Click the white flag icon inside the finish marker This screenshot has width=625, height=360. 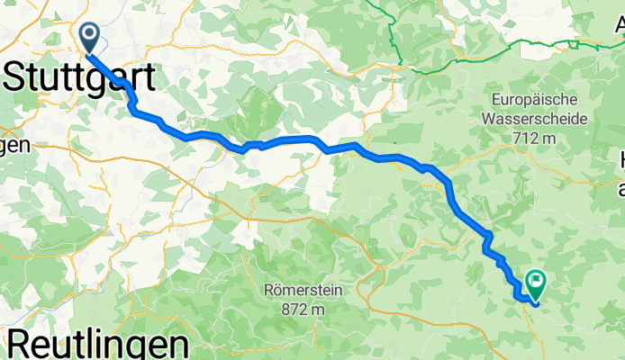click(537, 281)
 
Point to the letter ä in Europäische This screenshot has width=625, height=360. click(542, 98)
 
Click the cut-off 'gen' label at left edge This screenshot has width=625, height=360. click(14, 144)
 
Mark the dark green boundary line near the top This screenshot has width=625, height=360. click(394, 36)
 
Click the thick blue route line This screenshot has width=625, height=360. click(288, 139)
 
